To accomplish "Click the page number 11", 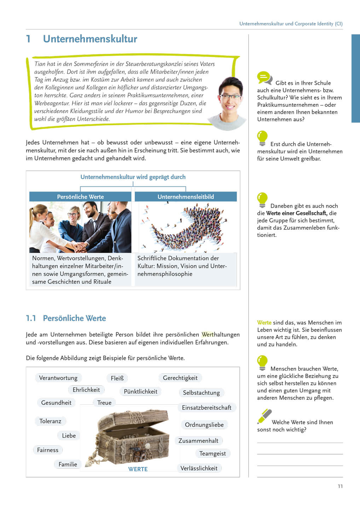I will point(340,486).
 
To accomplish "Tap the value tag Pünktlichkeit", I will point(140,392).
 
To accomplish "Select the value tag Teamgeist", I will point(212,454).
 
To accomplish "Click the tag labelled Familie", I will point(68,464).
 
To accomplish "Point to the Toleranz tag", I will point(50,421).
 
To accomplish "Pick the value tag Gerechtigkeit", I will point(180,378).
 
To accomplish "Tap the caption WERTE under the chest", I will point(138,469).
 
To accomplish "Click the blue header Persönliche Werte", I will point(80,197).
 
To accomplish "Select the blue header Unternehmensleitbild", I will point(186,197).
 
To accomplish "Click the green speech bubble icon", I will point(264,77).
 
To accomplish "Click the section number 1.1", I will point(31,318).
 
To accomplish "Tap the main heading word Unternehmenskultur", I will point(90,39).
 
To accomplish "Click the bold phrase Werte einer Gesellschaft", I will point(296,213).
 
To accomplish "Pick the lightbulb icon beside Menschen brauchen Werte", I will point(262,362).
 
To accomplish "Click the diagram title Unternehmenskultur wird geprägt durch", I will point(133,177).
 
